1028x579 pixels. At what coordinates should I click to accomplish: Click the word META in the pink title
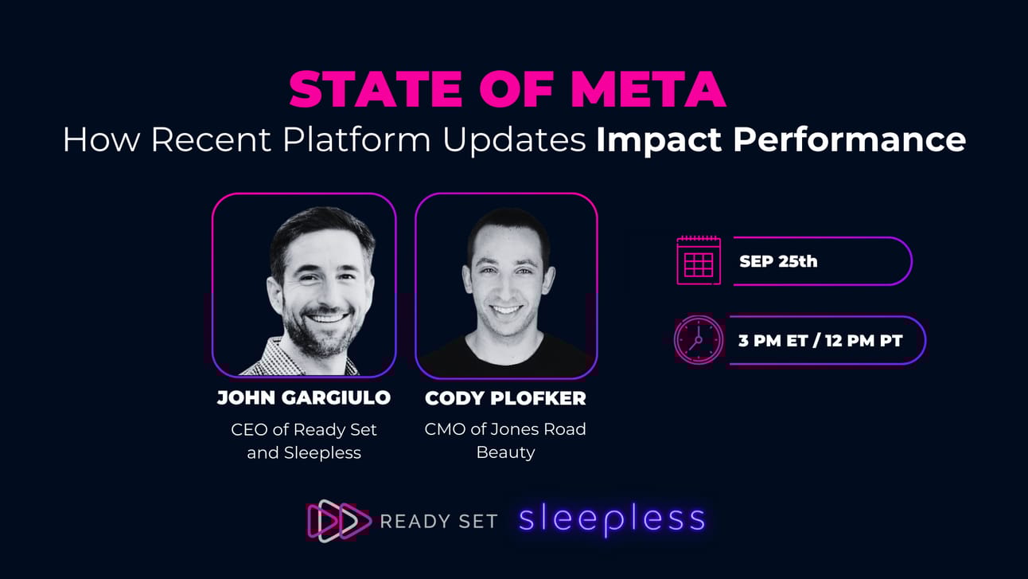(x=648, y=89)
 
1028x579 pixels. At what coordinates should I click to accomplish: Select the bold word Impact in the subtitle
(x=658, y=140)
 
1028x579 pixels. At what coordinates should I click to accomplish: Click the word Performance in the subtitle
(x=850, y=140)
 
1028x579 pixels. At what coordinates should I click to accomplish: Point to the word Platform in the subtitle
(x=356, y=139)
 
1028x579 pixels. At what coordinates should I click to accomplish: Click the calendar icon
(x=699, y=260)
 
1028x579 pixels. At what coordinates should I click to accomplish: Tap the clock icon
(x=698, y=340)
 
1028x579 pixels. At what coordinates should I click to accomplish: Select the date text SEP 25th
(x=778, y=261)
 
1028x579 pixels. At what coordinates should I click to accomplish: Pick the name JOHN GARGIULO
(x=304, y=398)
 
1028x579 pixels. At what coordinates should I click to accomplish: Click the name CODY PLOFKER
(x=505, y=398)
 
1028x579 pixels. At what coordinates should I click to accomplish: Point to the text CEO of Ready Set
(x=304, y=429)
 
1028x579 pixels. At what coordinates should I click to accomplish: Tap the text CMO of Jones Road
(x=505, y=429)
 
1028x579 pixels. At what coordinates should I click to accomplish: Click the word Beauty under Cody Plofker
(x=505, y=452)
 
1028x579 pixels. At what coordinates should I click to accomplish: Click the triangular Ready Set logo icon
(x=339, y=521)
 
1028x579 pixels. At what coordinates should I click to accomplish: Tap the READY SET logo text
(x=438, y=522)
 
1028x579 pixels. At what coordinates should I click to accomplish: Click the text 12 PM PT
(x=864, y=341)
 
